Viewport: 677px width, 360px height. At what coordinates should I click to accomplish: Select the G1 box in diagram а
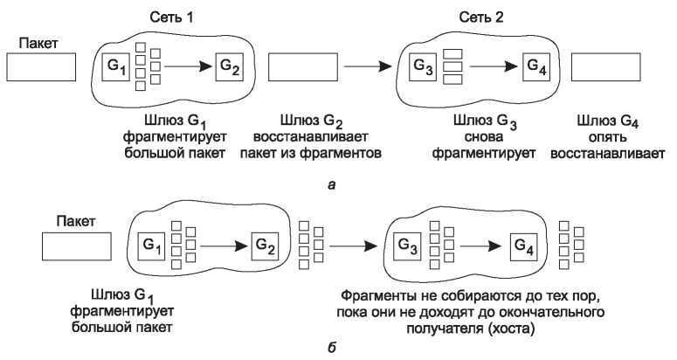pos(117,66)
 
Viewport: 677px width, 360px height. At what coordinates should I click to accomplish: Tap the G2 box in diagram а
pos(228,66)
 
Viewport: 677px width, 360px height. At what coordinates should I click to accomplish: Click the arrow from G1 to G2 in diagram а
pos(186,66)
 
